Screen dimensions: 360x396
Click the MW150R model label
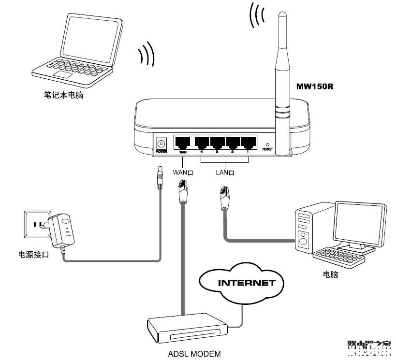coord(315,87)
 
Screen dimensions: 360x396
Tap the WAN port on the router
coord(182,143)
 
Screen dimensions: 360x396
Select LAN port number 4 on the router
coord(202,143)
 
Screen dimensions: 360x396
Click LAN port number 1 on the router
coord(249,143)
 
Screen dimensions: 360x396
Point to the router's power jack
coord(161,143)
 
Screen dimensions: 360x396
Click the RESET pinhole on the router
coord(267,144)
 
